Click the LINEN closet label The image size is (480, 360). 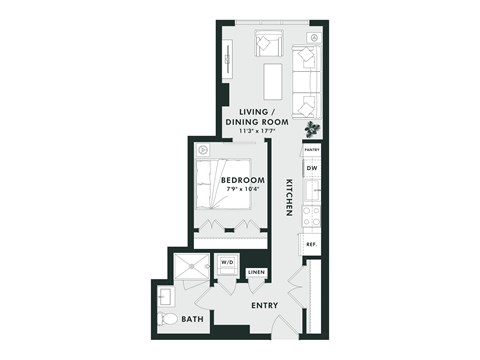[x=256, y=272]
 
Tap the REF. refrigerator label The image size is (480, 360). [x=311, y=244]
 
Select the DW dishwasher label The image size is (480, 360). [x=311, y=168]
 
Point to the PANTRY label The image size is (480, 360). [x=311, y=149]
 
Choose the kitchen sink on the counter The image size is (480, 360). [x=310, y=189]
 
